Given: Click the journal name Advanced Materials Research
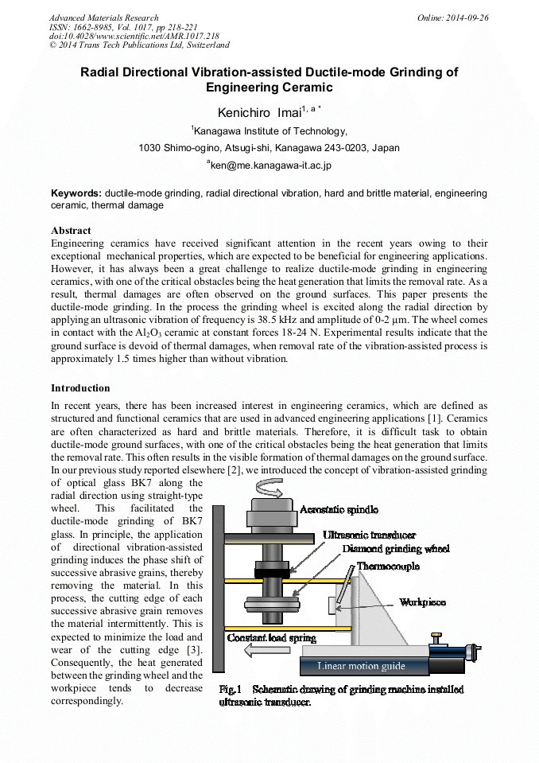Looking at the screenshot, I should tap(103, 18).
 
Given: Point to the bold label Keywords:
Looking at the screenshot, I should tap(76, 193).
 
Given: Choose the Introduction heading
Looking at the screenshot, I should tap(80, 388).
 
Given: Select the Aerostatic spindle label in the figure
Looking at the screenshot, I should tap(339, 509).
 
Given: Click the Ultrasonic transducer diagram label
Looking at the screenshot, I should tap(370, 535).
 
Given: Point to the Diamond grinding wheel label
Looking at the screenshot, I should tap(396, 549).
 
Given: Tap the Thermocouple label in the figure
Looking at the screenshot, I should tap(388, 566).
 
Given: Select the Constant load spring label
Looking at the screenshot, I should tap(272, 637).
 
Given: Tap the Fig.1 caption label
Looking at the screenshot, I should tap(230, 689).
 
